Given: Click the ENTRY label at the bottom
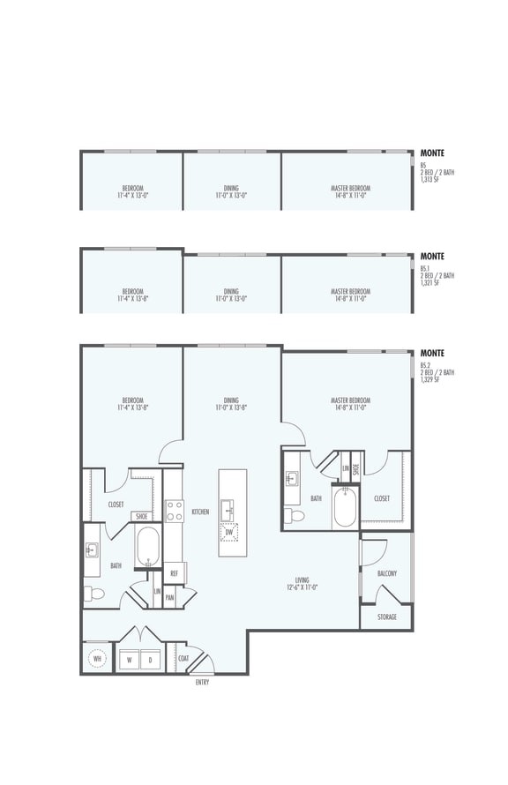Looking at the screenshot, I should (202, 682).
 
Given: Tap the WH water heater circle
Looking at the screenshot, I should (97, 658).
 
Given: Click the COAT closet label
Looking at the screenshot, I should (183, 657).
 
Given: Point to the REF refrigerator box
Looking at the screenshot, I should (174, 573).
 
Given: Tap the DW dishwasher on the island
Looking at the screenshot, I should (228, 533).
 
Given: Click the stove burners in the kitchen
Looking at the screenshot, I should (174, 511).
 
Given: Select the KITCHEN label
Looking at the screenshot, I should (199, 512).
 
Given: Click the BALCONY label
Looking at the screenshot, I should (386, 573).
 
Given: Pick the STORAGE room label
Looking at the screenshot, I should (386, 617).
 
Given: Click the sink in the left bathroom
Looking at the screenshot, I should (91, 550).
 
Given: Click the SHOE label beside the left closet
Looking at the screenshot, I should (141, 517).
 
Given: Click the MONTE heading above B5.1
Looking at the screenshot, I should (432, 257).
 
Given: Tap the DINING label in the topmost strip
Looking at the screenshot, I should (230, 188).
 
